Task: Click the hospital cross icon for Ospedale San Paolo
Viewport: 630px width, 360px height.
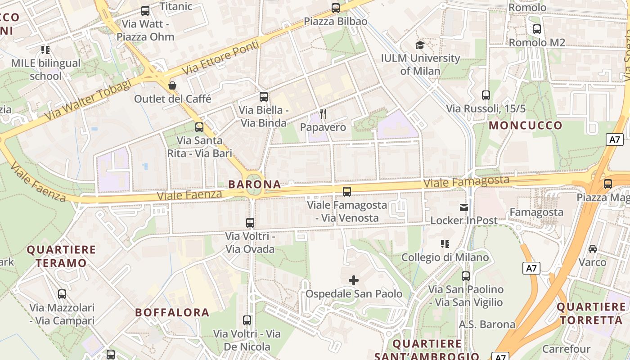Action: pyautogui.click(x=354, y=280)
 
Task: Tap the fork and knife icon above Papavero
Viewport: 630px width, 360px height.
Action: pyautogui.click(x=323, y=113)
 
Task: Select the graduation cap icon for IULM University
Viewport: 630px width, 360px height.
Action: pyautogui.click(x=420, y=45)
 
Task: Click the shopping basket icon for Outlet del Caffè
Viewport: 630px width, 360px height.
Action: pyautogui.click(x=172, y=85)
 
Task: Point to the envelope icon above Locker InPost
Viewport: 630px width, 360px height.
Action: pyautogui.click(x=463, y=207)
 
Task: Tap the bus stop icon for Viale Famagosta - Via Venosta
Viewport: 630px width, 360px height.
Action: pyautogui.click(x=347, y=192)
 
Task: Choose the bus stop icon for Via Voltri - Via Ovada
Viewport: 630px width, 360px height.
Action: pyautogui.click(x=250, y=223)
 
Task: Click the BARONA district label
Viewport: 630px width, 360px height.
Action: pyautogui.click(x=255, y=184)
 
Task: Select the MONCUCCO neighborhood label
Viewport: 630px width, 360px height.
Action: pyautogui.click(x=526, y=125)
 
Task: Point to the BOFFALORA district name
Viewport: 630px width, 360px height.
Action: pyautogui.click(x=172, y=312)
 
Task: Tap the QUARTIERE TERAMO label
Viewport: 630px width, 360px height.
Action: pyautogui.click(x=61, y=256)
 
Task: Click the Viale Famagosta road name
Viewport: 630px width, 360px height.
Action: pyautogui.click(x=466, y=182)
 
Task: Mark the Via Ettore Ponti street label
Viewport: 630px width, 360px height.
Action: pyautogui.click(x=221, y=58)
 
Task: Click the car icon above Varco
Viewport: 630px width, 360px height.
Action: pyautogui.click(x=593, y=249)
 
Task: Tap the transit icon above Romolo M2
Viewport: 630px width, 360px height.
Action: pyautogui.click(x=536, y=29)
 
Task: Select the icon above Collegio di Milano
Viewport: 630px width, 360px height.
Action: pyautogui.click(x=445, y=244)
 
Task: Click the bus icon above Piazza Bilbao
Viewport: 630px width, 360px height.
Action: pyautogui.click(x=335, y=8)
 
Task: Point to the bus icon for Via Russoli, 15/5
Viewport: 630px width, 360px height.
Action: pyautogui.click(x=486, y=95)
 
